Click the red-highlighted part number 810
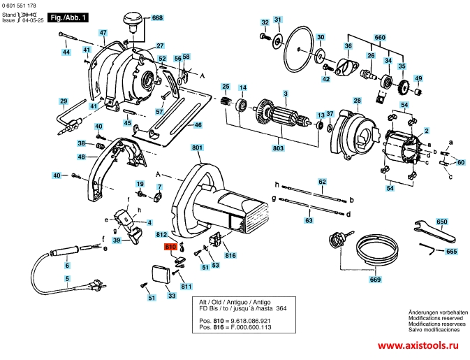pos(170,247)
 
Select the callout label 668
pos(157,17)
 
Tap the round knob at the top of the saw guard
pos(132,21)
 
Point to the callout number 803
pos(278,148)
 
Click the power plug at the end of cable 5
pos(97,285)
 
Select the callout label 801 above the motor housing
pos(197,147)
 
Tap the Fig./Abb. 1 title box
pos(68,17)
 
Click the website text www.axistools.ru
pos(418,345)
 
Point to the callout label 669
pos(375,280)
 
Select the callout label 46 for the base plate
pos(198,125)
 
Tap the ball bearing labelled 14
pos(242,105)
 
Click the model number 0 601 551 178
pos(19,6)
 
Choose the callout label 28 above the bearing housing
pos(357,101)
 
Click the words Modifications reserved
pos(436,318)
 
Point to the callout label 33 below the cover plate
pos(172,296)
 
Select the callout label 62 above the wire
pos(322,182)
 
